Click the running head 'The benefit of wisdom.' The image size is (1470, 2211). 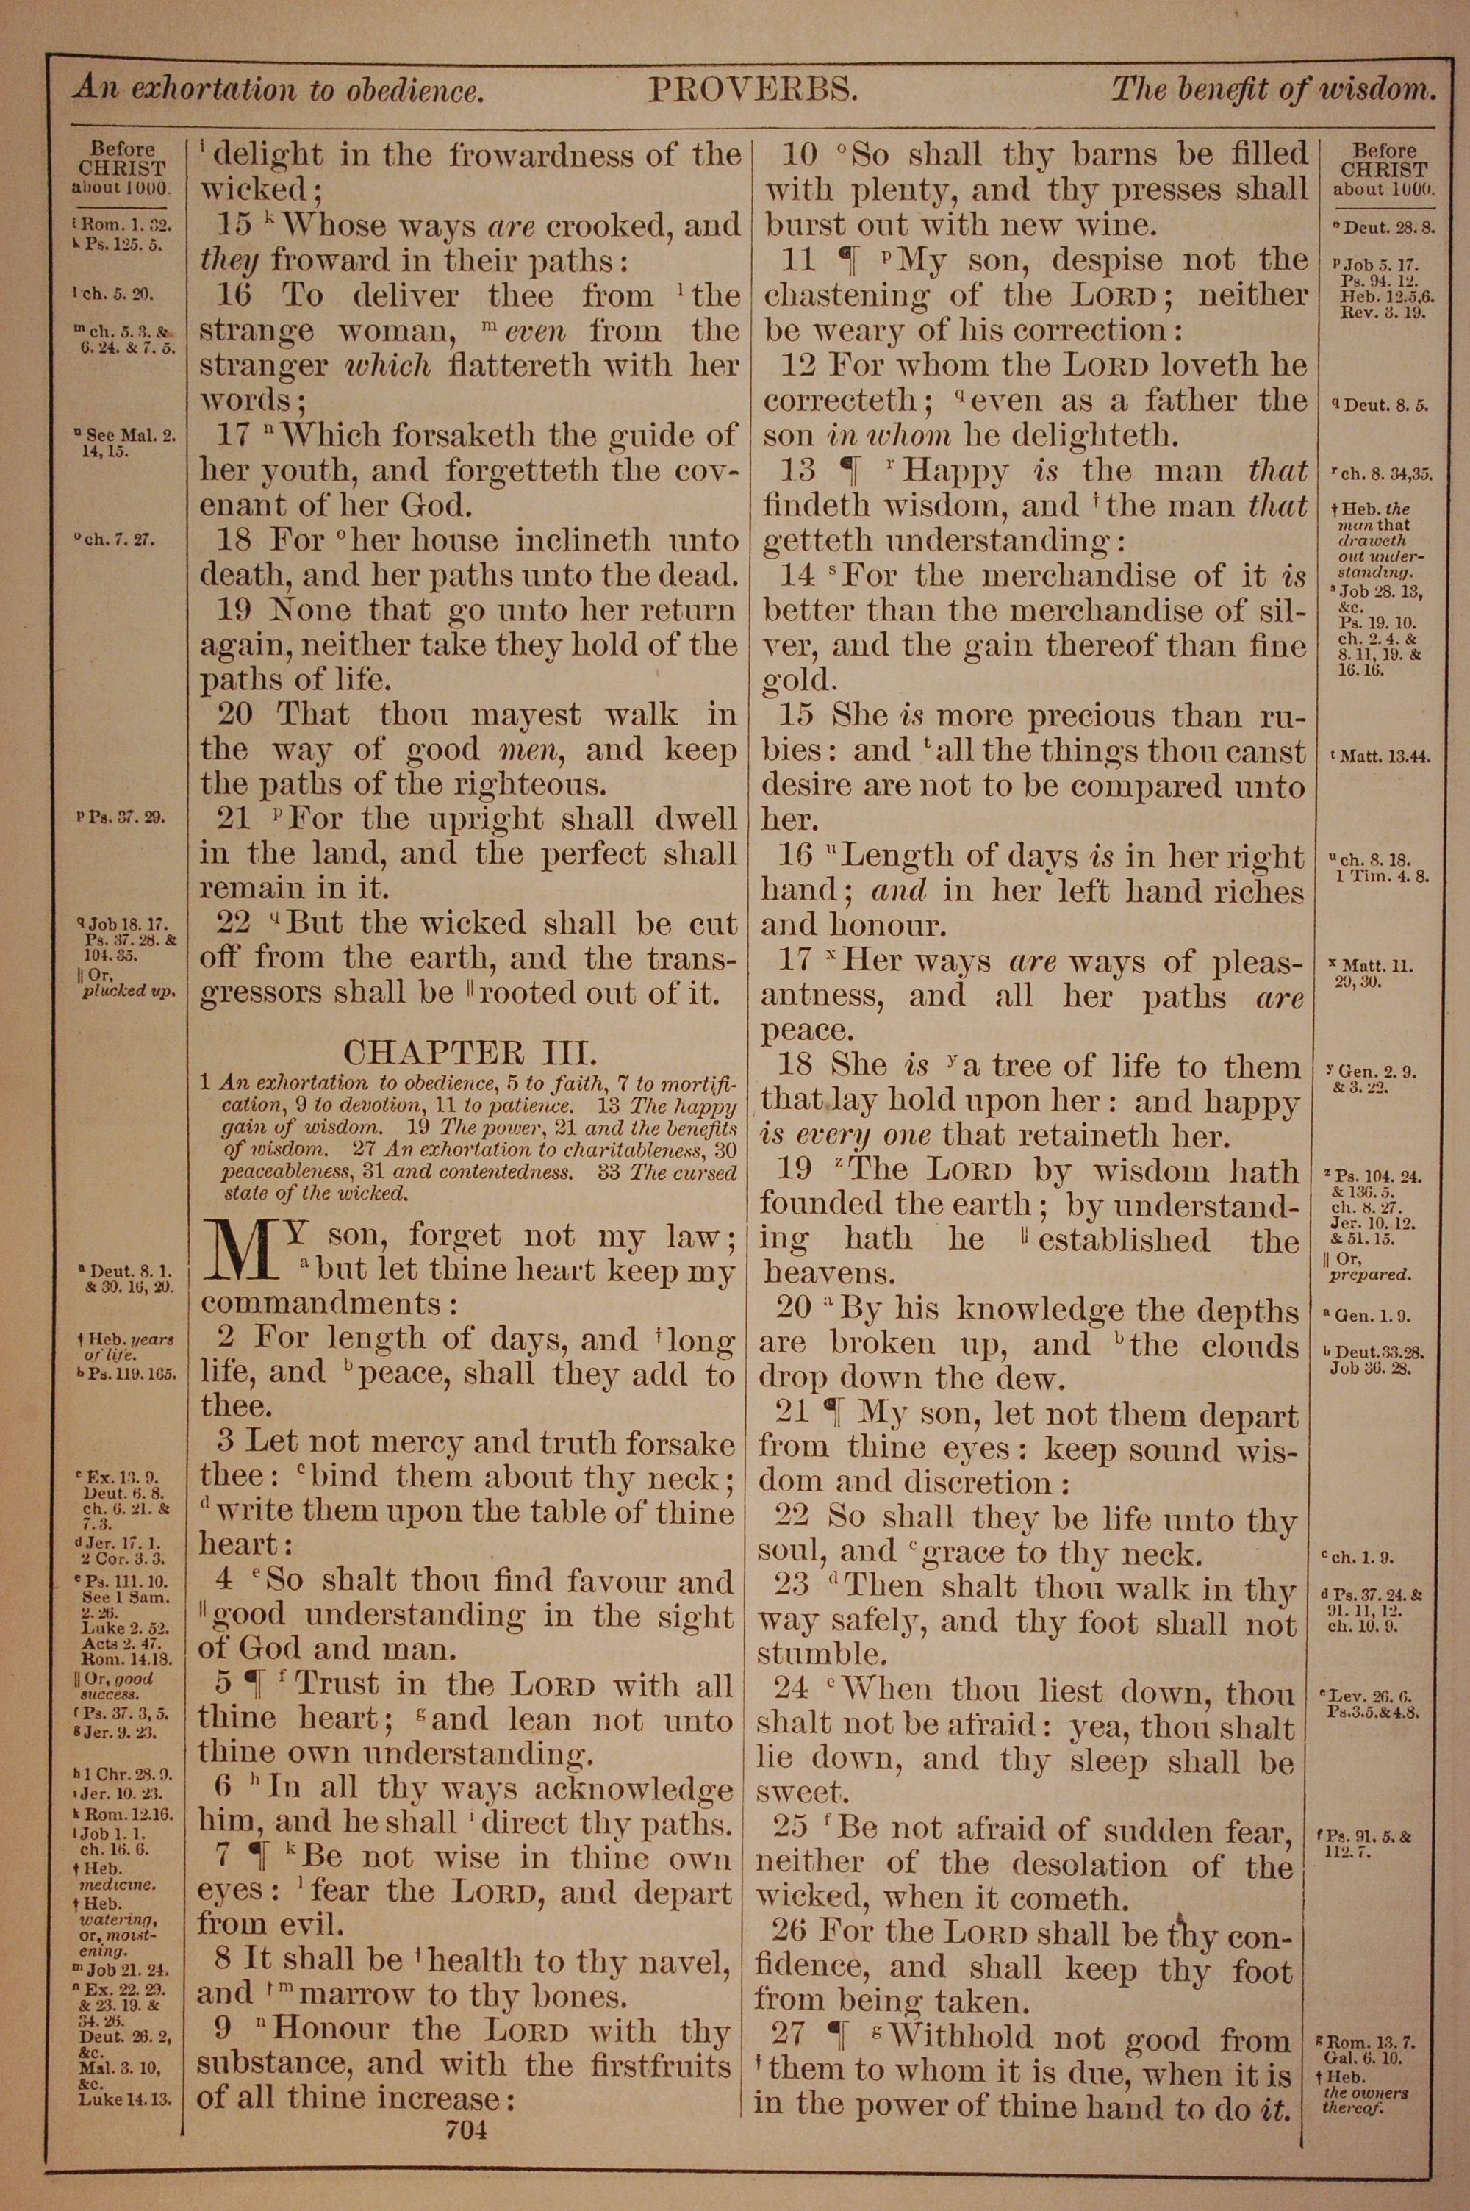tap(1273, 91)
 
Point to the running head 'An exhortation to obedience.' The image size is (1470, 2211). tap(279, 91)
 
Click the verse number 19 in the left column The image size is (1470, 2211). tap(234, 611)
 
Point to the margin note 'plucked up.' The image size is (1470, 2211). tap(129, 992)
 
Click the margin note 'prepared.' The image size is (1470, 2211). tap(1369, 1275)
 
